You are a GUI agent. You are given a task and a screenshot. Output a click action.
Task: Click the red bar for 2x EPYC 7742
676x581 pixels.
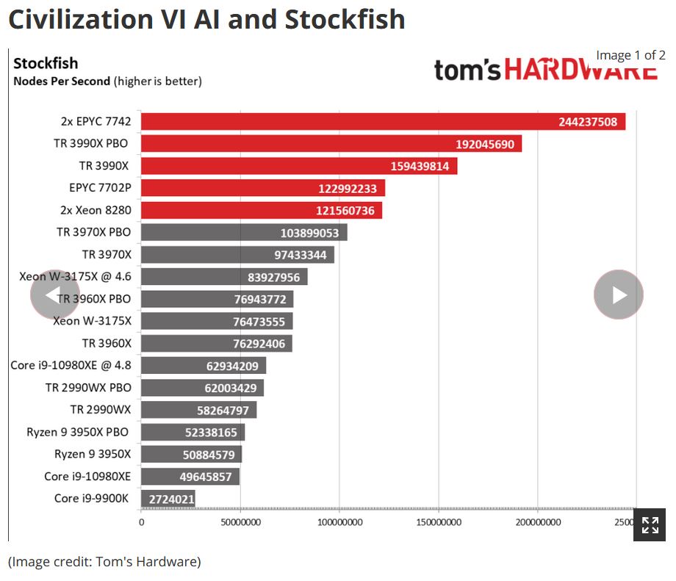pyautogui.click(x=382, y=122)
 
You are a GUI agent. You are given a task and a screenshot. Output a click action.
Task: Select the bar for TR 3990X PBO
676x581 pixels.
pyautogui.click(x=331, y=144)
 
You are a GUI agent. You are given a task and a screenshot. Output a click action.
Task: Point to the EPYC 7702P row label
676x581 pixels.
pyautogui.click(x=100, y=188)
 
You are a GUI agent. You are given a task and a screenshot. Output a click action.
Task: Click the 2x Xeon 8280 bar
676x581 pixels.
pyautogui.click(x=261, y=211)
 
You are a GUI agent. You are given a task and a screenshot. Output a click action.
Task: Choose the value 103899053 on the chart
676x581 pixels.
pyautogui.click(x=309, y=233)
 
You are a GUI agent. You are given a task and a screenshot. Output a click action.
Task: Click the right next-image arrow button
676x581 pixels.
pyautogui.click(x=619, y=295)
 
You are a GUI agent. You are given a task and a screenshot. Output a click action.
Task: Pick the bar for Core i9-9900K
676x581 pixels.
pyautogui.click(x=168, y=499)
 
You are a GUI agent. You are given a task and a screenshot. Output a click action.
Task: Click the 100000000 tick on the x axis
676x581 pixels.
pyautogui.click(x=339, y=523)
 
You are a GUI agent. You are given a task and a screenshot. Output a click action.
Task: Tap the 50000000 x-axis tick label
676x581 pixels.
pyautogui.click(x=240, y=523)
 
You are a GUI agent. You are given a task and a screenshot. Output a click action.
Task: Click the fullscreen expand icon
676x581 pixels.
pyautogui.click(x=650, y=524)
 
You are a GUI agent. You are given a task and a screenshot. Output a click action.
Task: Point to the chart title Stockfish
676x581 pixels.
pyautogui.click(x=46, y=63)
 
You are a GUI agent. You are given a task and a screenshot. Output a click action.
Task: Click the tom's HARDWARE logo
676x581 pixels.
pyautogui.click(x=545, y=70)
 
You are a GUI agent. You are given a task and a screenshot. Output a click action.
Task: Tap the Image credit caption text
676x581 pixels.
pyautogui.click(x=104, y=562)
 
